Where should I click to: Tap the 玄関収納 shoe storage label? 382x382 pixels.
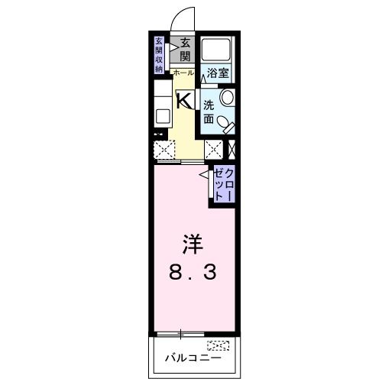pos(159,54)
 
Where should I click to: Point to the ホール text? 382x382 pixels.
pos(183,73)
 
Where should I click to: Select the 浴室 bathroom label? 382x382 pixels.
pos(218,73)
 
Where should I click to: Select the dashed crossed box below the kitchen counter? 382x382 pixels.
pos(165,149)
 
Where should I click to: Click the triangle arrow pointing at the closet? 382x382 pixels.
pos(206,176)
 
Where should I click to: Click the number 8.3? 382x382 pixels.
pos(190,270)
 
